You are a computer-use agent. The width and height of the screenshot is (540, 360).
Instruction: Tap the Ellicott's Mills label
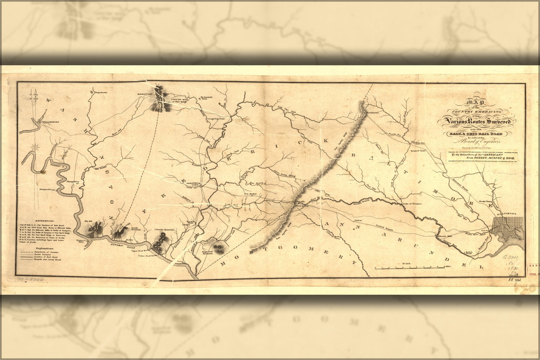[446, 236]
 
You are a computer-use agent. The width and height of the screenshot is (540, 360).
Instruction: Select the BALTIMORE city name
[506, 214]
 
